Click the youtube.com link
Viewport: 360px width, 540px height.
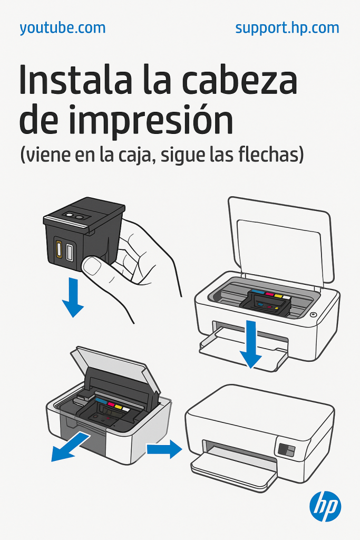tap(63, 28)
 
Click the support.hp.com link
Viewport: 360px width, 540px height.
tap(287, 28)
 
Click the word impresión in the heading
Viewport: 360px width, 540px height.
tap(151, 121)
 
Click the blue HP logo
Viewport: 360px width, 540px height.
tap(325, 506)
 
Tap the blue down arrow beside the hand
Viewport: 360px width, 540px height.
tap(73, 297)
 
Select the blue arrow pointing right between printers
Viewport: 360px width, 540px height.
tap(164, 449)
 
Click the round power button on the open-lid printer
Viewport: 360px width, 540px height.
tap(313, 315)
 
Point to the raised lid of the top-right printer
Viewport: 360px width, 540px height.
tap(280, 241)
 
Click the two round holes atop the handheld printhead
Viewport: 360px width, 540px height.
tap(75, 216)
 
